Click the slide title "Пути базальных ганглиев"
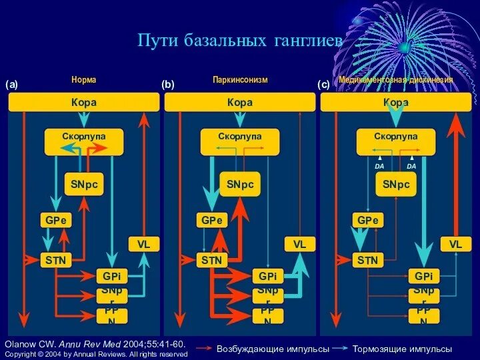coord(240,41)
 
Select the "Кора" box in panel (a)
coord(84,103)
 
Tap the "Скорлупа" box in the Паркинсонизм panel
coord(240,137)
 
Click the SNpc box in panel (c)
coord(396,184)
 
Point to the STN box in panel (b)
coord(212,260)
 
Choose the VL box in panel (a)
coord(144,245)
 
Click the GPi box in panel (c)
coord(423,276)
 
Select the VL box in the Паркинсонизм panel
coord(299,245)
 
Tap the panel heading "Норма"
coord(84,80)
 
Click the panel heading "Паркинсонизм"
coord(240,80)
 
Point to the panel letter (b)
coord(168,85)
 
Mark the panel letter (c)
coord(323,85)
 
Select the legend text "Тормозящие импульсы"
coord(402,349)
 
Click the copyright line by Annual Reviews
coord(96,354)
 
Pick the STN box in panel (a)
coord(56,260)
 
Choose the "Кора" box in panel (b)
coord(240,103)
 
